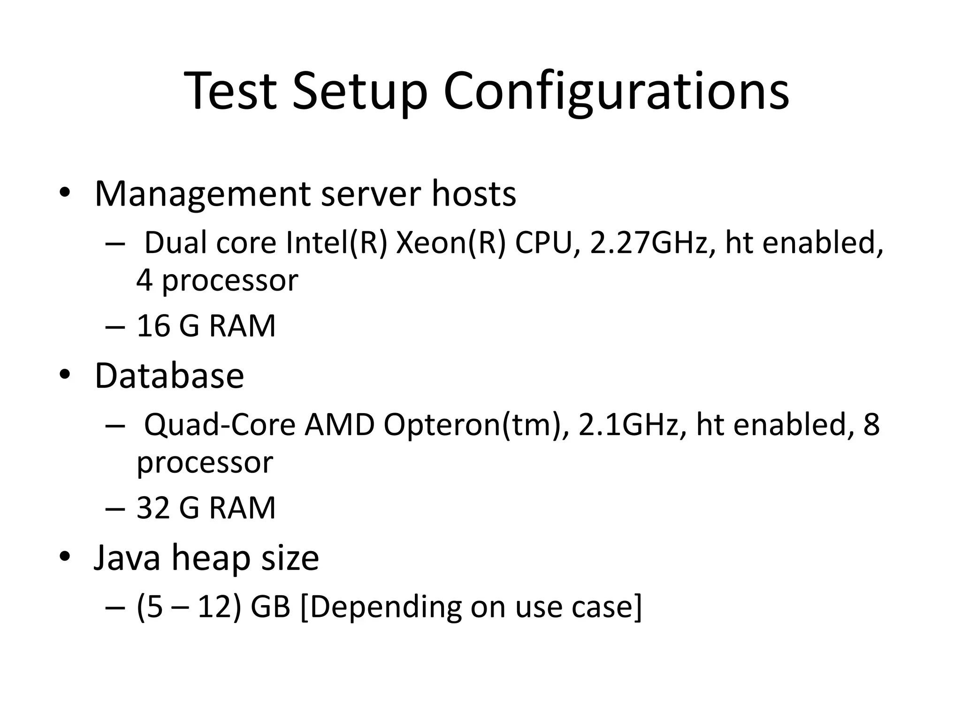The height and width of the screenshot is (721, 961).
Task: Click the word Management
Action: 202,194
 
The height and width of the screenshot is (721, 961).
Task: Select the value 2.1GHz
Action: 628,425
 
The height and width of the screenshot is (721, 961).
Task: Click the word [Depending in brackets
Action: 380,607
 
